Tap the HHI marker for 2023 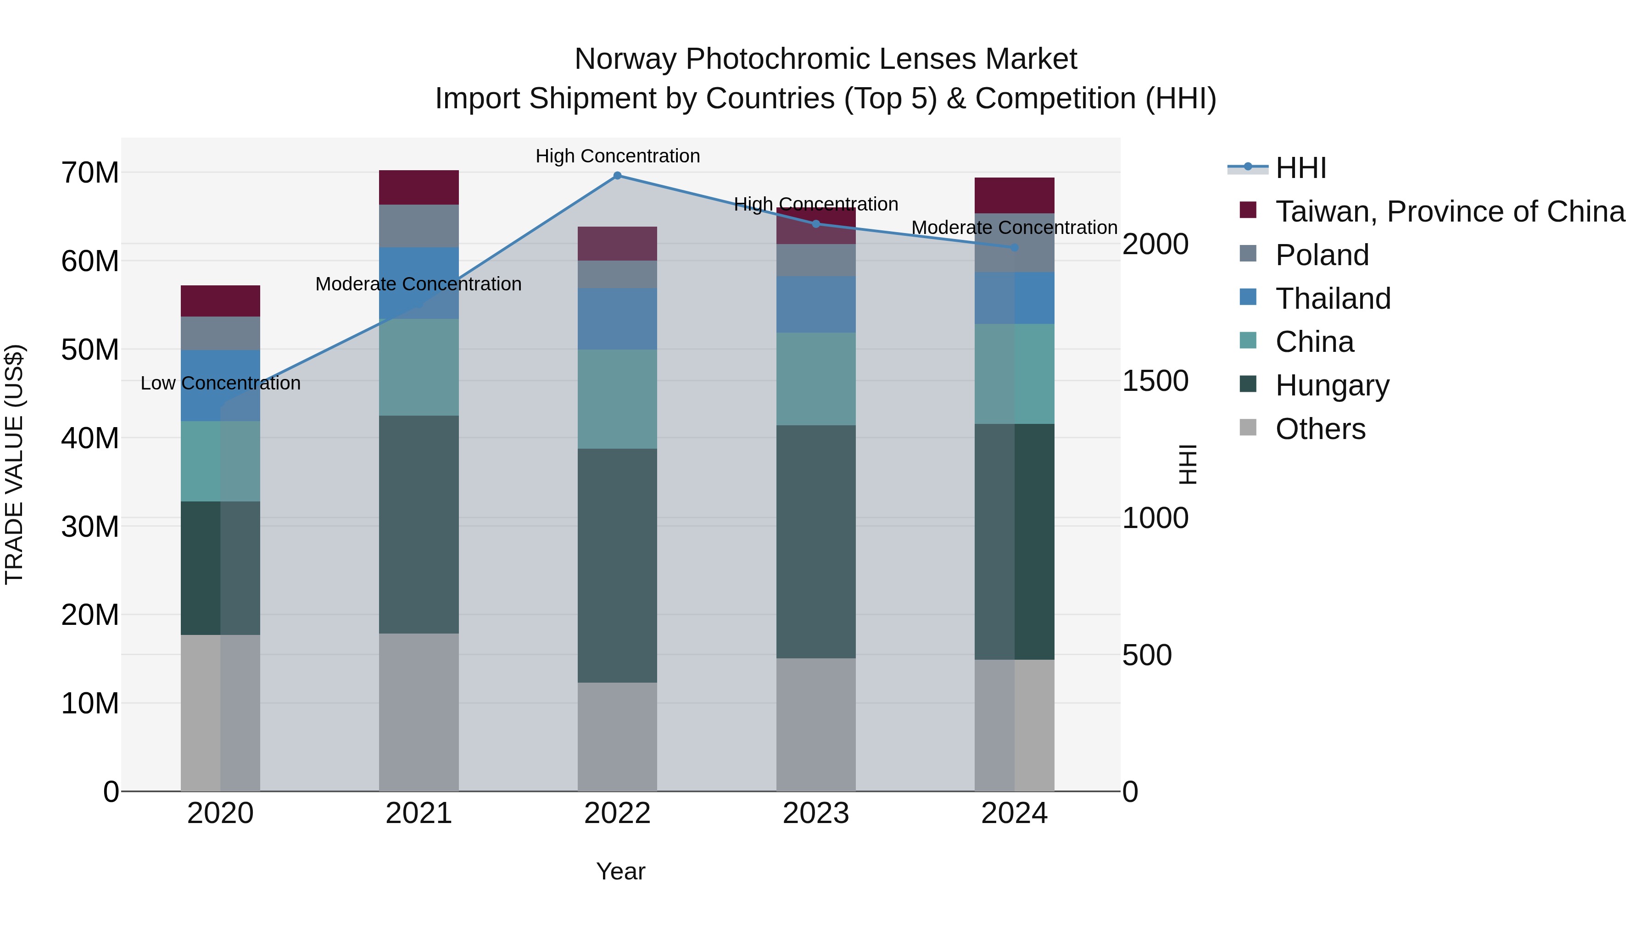[816, 224]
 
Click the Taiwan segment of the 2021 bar [419, 187]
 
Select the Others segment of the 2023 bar [816, 724]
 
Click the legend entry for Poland [1321, 255]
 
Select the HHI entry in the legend [1300, 168]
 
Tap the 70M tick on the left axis [90, 173]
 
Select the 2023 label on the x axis [816, 813]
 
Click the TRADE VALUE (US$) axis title [14, 464]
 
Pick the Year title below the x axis [620, 871]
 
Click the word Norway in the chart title [625, 59]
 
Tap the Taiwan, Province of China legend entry [1449, 211]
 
